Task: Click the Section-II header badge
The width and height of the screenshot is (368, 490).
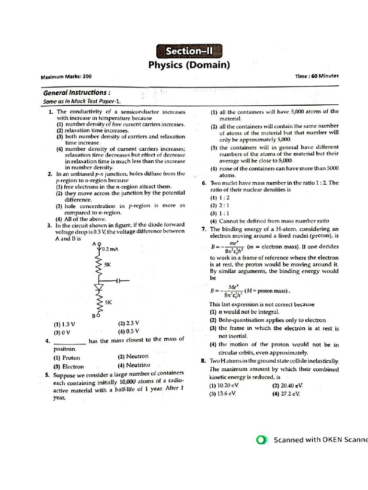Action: (189, 51)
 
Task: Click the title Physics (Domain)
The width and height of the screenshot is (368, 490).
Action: (189, 65)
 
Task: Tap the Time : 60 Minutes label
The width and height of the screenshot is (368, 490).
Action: (317, 76)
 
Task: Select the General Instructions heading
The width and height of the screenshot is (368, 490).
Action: (78, 92)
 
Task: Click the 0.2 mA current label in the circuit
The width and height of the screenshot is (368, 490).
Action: (110, 249)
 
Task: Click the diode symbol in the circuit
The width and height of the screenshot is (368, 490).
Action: (100, 288)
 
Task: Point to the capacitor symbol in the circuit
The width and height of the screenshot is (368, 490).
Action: (119, 281)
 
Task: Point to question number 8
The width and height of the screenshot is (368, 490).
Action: (204, 361)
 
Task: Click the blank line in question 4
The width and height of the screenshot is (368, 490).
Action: (70, 342)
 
